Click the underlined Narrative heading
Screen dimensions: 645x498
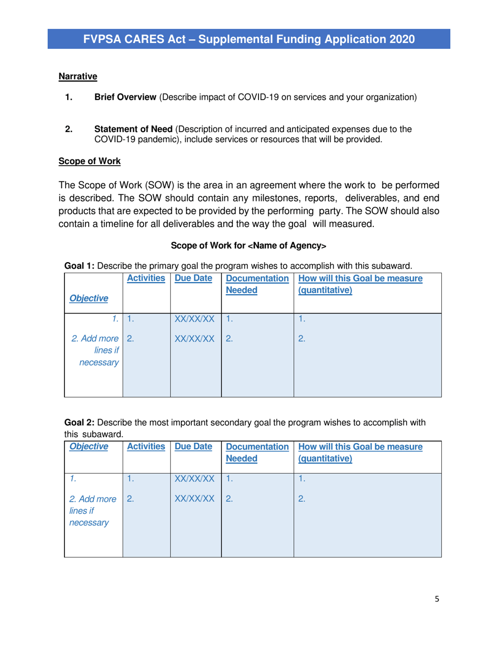pyautogui.click(x=78, y=77)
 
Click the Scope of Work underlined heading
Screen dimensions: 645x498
pyautogui.click(x=90, y=161)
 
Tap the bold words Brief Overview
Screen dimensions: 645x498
pyautogui.click(x=125, y=97)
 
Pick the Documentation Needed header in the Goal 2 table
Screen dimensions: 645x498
pyautogui.click(x=257, y=453)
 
